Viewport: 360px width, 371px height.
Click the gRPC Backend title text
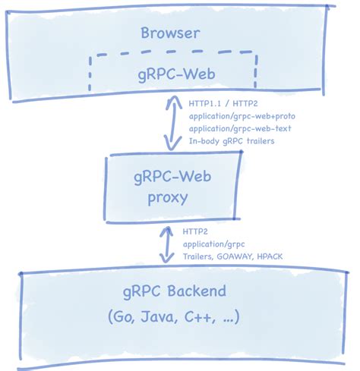175,291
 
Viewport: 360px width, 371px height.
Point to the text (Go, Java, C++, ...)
175,317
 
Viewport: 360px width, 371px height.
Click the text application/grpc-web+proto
240,116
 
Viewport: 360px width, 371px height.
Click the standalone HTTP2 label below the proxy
195,231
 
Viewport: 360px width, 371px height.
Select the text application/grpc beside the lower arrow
213,244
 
